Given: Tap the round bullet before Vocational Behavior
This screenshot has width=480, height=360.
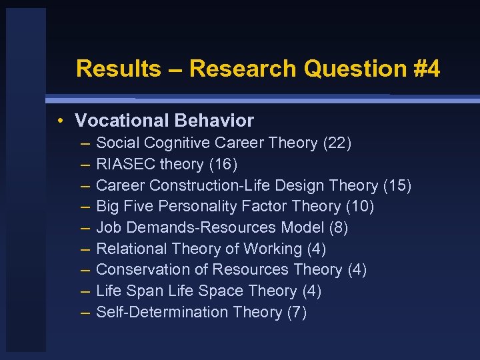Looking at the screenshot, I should [x=61, y=121].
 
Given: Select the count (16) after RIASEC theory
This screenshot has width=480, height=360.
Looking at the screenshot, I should [x=223, y=164].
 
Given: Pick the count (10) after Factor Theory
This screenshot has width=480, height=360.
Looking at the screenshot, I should [x=359, y=207].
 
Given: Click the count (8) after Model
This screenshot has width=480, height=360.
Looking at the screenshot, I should [x=339, y=227].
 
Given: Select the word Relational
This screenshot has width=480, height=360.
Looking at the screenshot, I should [x=131, y=249].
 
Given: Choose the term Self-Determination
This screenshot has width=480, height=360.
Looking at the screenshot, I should [x=162, y=312].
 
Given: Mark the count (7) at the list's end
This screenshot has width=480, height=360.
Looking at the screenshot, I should [x=296, y=312].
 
